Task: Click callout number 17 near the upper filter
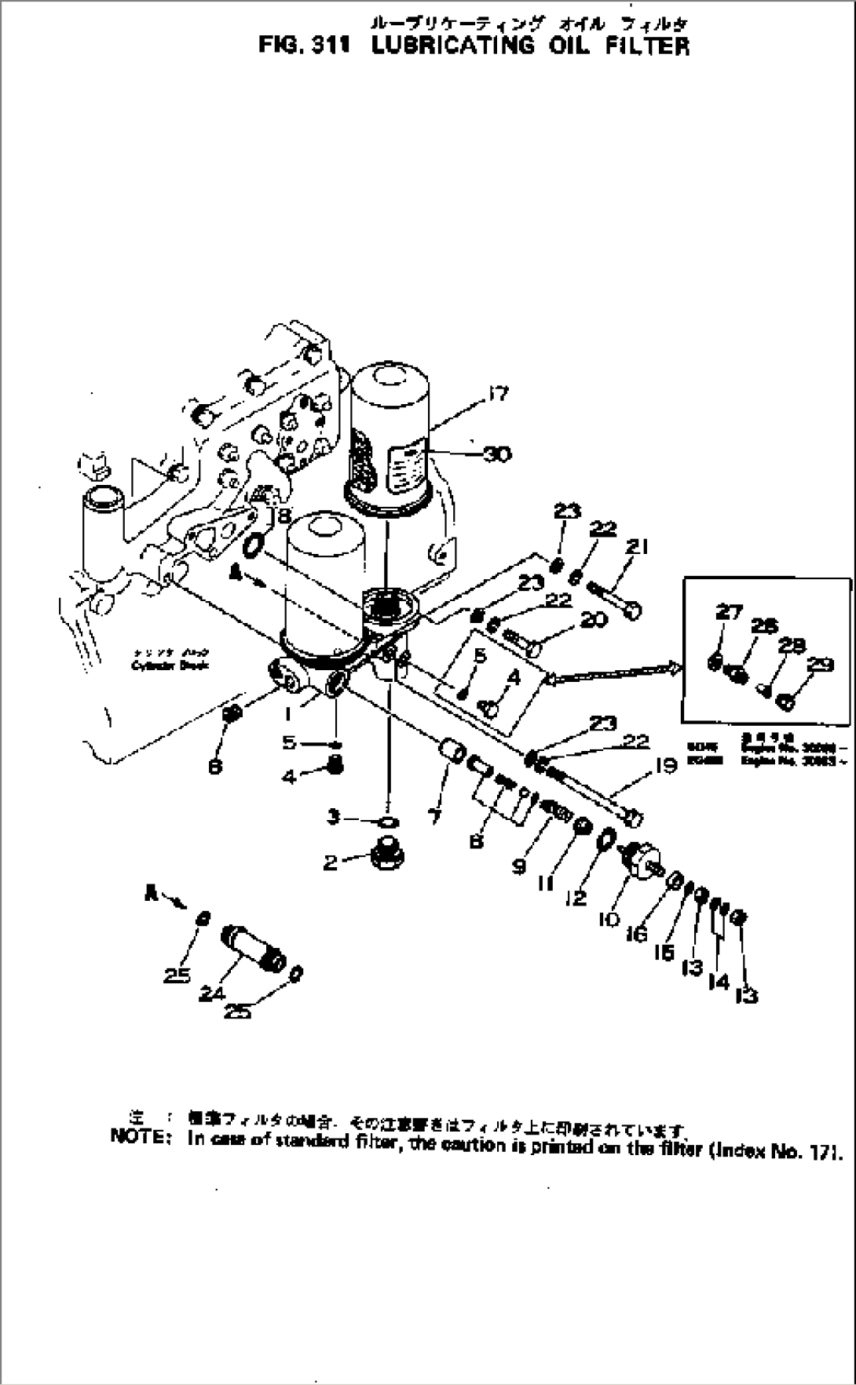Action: [499, 394]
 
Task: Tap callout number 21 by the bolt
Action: [638, 547]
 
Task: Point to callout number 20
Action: [593, 620]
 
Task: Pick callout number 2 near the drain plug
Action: [331, 862]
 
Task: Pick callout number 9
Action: [518, 866]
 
